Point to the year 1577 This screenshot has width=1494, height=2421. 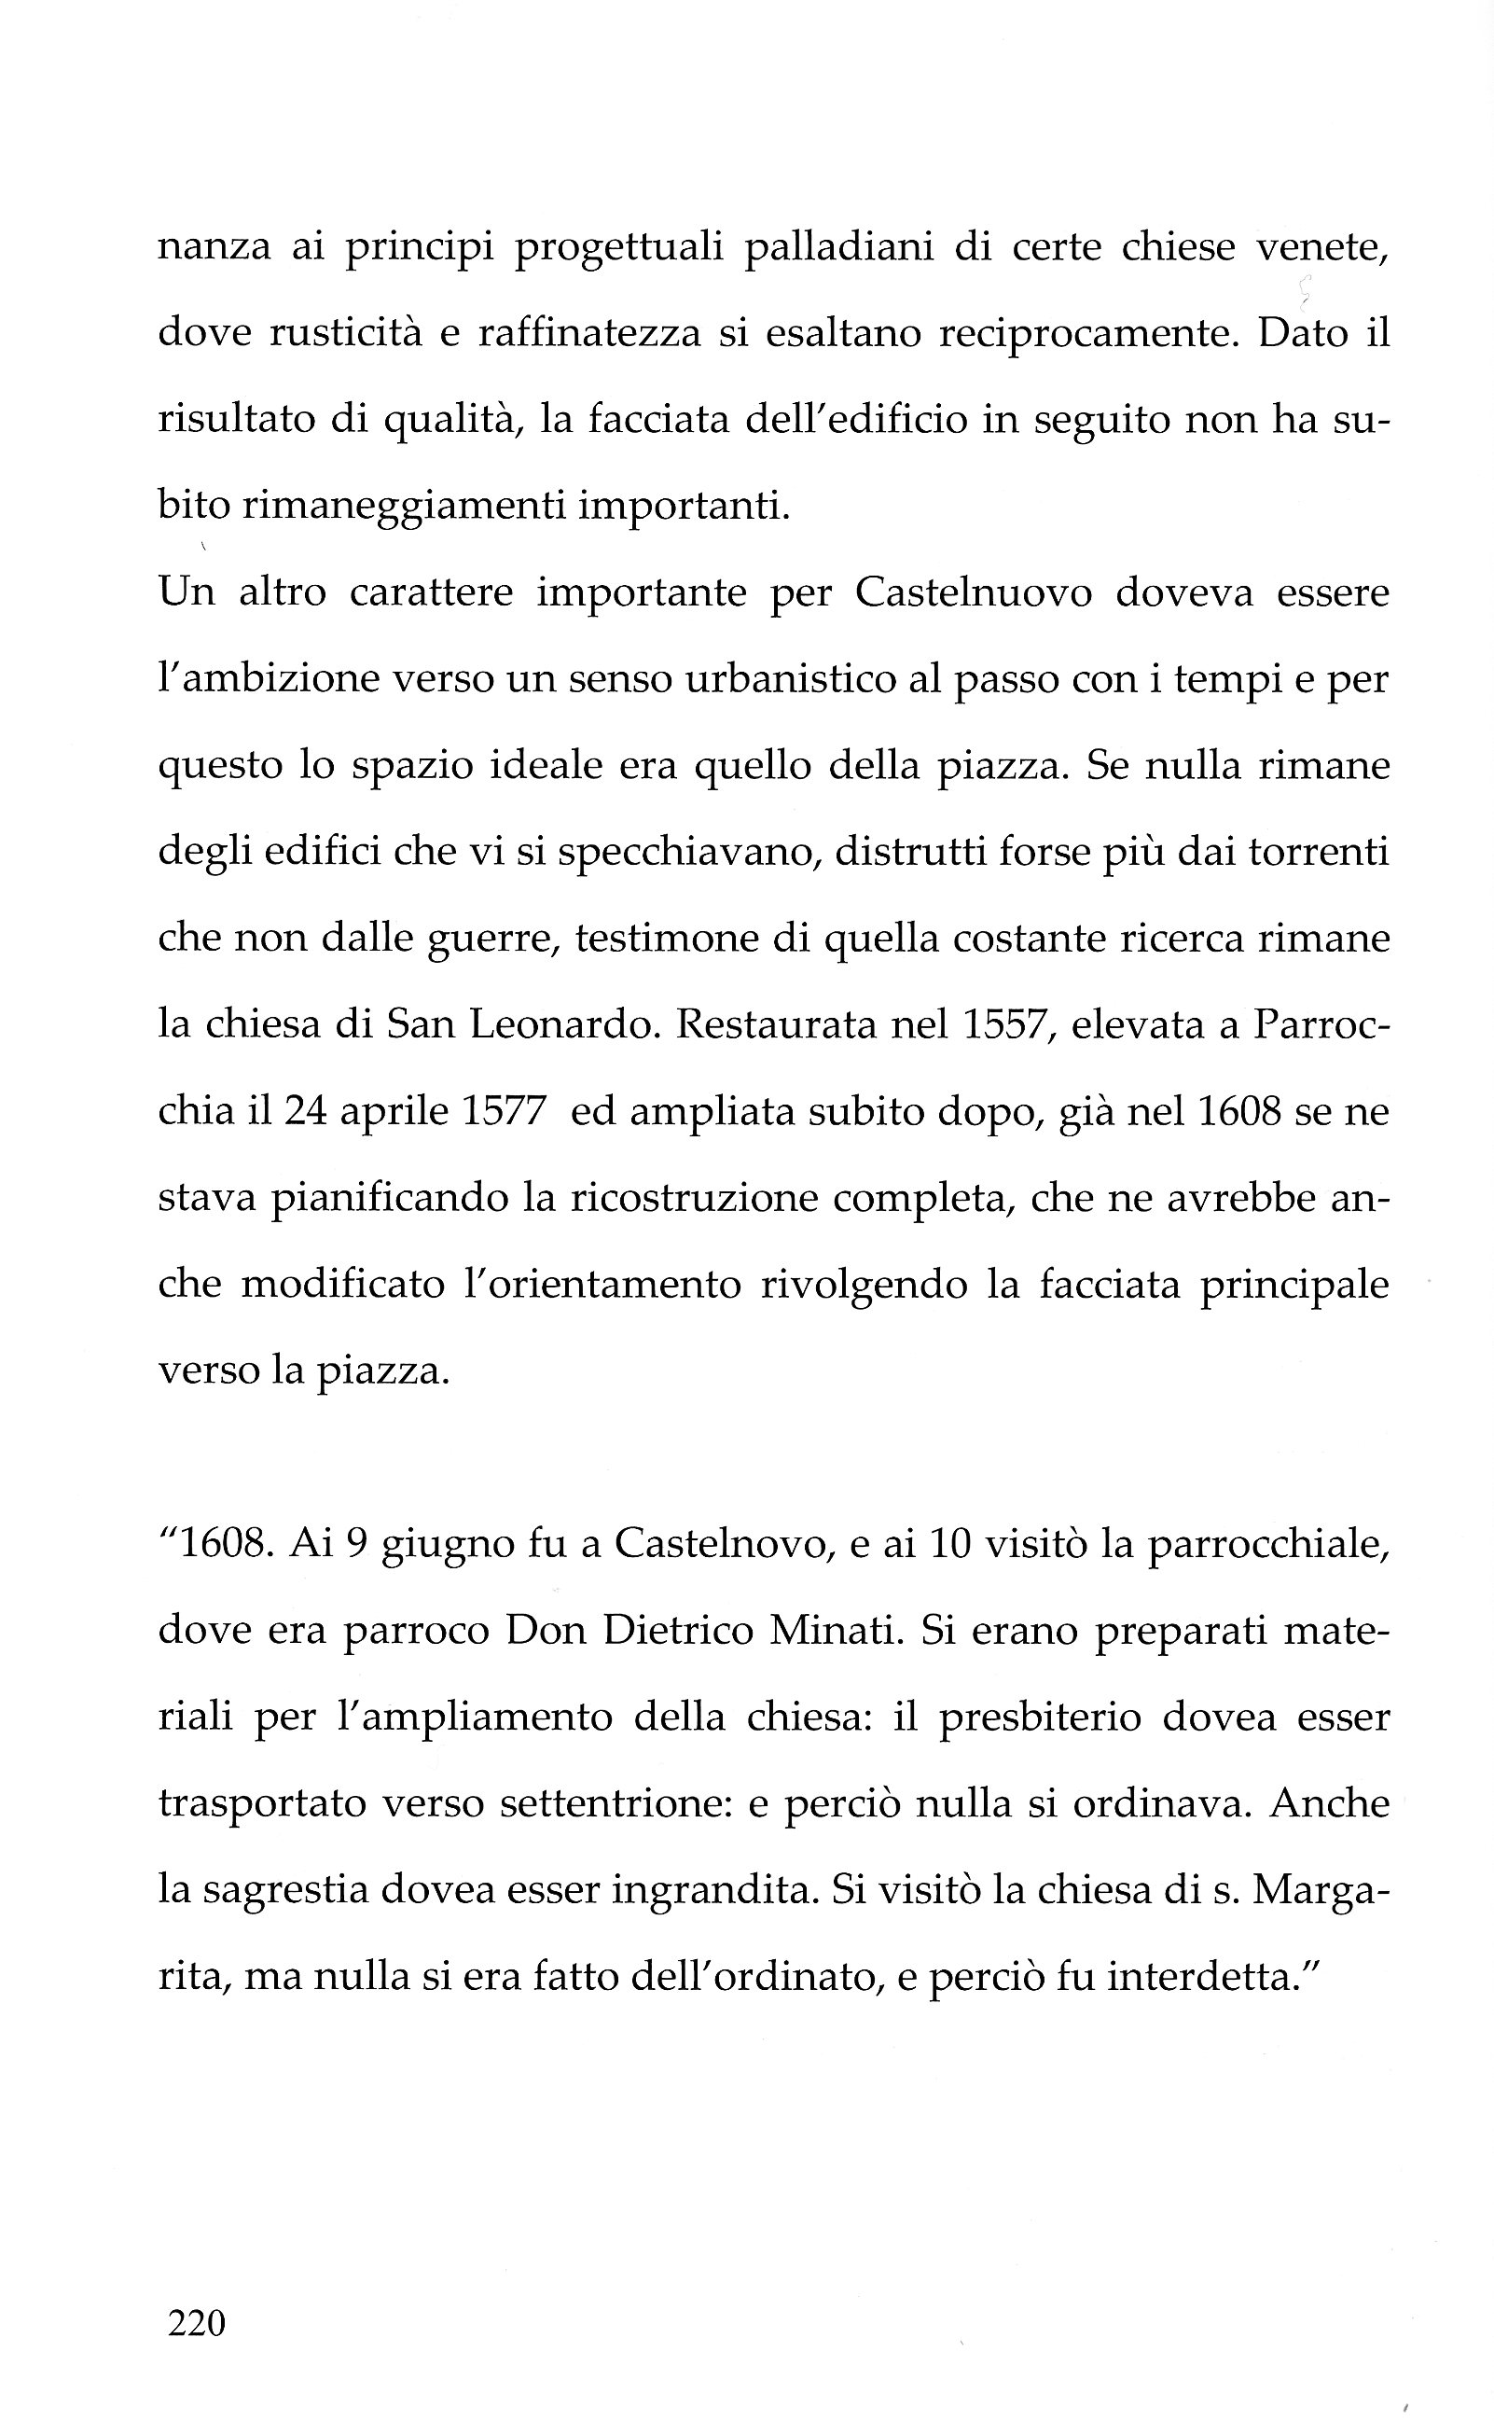[x=504, y=1113]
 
